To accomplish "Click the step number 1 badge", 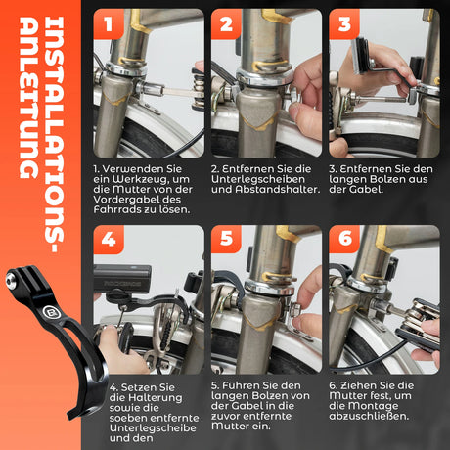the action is pyautogui.click(x=109, y=23).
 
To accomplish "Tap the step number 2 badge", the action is pyautogui.click(x=226, y=23).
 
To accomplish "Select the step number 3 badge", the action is pyautogui.click(x=344, y=23).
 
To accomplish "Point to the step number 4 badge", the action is pyautogui.click(x=109, y=240).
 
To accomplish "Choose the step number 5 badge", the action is pyautogui.click(x=226, y=239).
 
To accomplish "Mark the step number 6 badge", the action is pyautogui.click(x=344, y=239).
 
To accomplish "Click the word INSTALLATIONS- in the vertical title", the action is pyautogui.click(x=54, y=135).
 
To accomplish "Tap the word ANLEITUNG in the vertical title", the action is pyautogui.click(x=28, y=98).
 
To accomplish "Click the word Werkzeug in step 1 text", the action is pyautogui.click(x=142, y=179).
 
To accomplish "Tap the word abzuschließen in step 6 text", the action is pyautogui.click(x=369, y=417).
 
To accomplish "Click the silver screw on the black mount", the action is pyautogui.click(x=11, y=279).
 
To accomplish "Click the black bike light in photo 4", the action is pyautogui.click(x=122, y=279).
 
